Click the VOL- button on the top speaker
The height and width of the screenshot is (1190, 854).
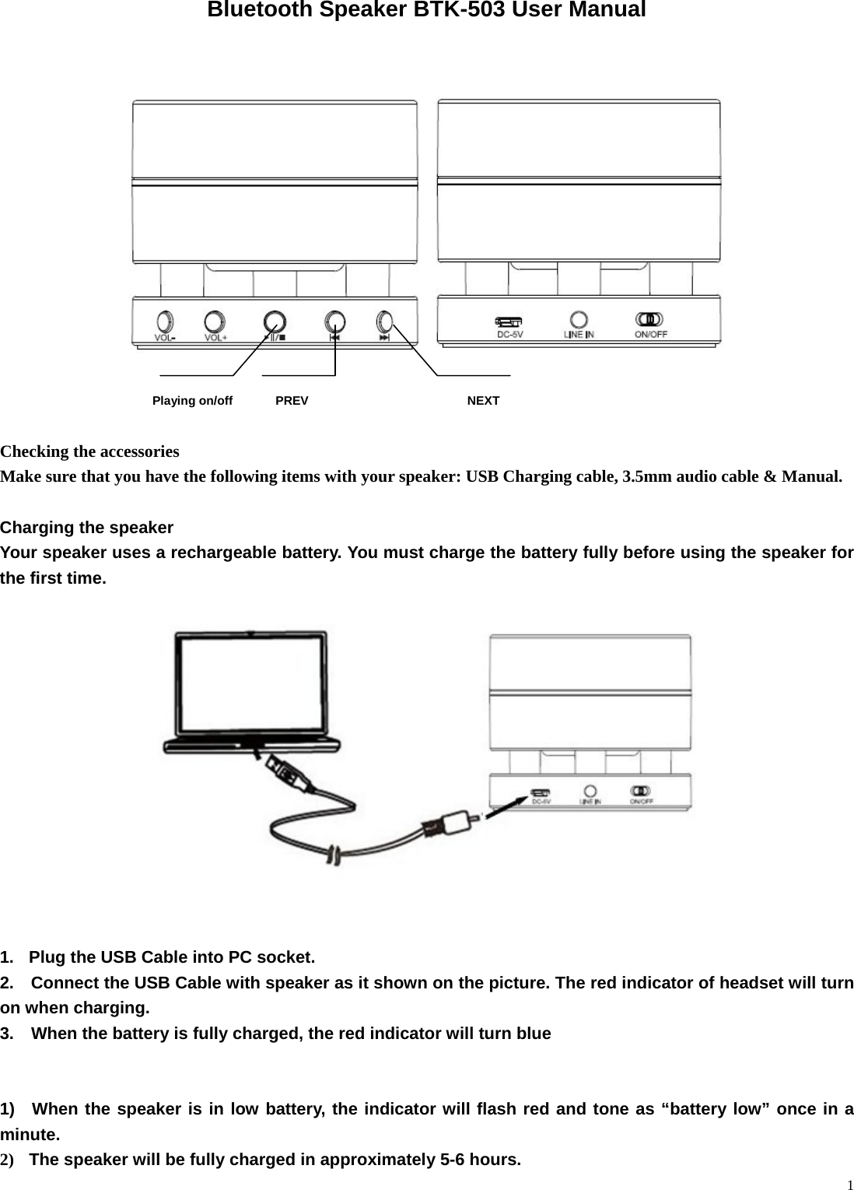coord(164,321)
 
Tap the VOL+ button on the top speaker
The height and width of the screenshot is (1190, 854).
coord(215,321)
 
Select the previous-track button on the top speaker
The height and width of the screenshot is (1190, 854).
coord(334,321)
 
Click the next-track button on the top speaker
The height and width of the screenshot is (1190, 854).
coord(385,321)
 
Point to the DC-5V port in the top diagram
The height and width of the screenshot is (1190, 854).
coord(510,321)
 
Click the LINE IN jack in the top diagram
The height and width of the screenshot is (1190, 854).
coord(579,320)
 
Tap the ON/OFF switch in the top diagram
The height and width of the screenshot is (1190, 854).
coord(649,319)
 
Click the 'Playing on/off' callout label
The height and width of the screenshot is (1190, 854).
coord(192,401)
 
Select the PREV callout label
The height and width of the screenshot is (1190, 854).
coord(292,401)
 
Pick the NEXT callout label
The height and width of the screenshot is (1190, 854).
coord(483,401)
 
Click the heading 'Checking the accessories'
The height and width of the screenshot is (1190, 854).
coord(89,451)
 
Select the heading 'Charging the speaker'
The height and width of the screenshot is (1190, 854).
coord(86,528)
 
